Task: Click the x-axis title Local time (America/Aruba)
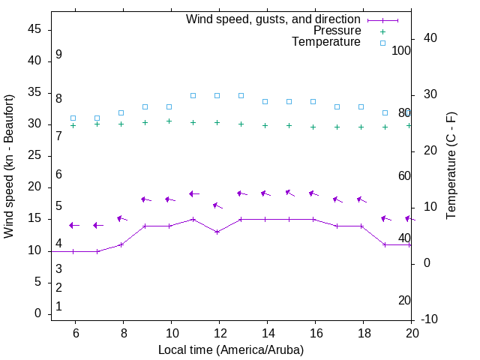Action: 231,349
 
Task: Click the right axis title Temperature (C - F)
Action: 451,166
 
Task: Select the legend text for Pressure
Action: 337,31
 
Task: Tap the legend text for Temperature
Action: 326,42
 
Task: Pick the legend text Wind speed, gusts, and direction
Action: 273,19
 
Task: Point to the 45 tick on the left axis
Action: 34,30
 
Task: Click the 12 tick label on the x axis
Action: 219,333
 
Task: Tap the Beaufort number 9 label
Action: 58,55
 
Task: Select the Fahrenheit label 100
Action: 401,51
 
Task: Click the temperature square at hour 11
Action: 193,95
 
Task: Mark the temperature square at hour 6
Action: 73,118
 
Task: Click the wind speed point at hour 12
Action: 217,232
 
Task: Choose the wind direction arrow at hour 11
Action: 194,193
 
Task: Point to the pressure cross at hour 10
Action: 169,121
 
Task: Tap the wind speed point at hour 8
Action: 121,244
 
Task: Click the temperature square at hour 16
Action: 313,101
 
